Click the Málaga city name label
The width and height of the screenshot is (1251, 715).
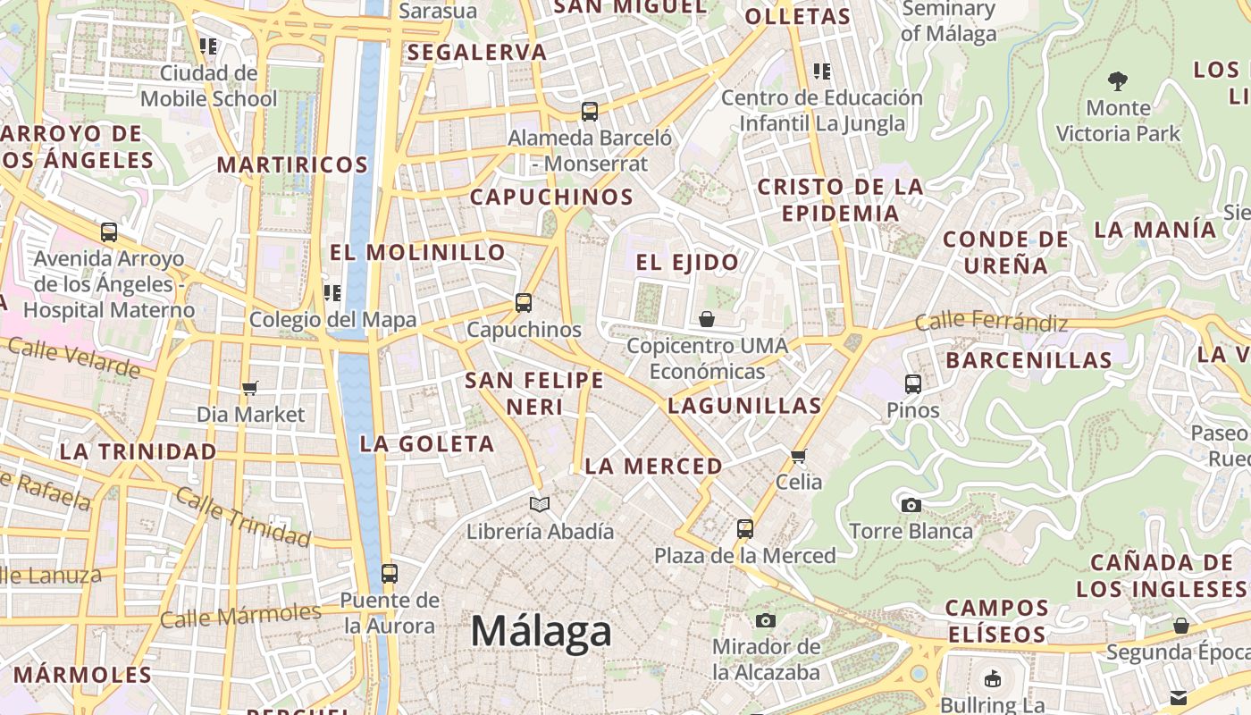542,632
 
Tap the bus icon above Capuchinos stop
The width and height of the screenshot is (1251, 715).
524,303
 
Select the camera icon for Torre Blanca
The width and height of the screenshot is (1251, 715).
911,505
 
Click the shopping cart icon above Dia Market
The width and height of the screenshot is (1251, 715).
250,388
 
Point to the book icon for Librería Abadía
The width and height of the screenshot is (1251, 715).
540,505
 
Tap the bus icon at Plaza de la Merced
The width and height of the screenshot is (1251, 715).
745,529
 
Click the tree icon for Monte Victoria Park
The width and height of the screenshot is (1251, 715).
1117,81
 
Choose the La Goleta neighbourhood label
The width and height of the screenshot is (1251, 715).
427,444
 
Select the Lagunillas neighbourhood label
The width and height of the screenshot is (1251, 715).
744,406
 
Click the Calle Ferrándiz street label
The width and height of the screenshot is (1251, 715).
991,321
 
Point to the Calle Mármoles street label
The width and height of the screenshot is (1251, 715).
240,615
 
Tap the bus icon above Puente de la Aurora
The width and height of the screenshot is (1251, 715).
390,574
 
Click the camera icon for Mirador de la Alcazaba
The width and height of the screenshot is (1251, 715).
766,620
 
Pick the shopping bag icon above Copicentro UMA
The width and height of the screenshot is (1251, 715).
707,319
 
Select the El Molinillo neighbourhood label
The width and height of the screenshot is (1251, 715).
418,253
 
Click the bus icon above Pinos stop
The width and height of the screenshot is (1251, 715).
913,384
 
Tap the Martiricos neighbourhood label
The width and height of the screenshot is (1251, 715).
292,165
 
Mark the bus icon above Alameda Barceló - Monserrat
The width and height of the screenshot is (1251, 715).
590,112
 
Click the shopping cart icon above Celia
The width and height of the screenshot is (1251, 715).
799,456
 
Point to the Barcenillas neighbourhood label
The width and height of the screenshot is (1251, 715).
1029,361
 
